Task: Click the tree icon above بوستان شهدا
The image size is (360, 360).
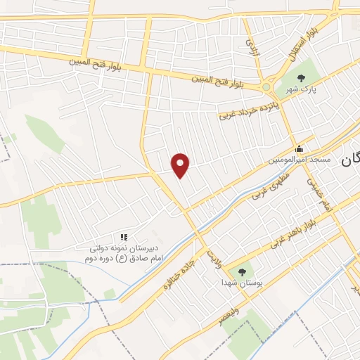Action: click(x=243, y=270)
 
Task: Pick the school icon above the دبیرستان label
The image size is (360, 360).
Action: click(x=124, y=237)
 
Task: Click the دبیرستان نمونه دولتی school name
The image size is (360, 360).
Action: click(x=124, y=248)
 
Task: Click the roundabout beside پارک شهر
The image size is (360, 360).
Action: click(x=269, y=86)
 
